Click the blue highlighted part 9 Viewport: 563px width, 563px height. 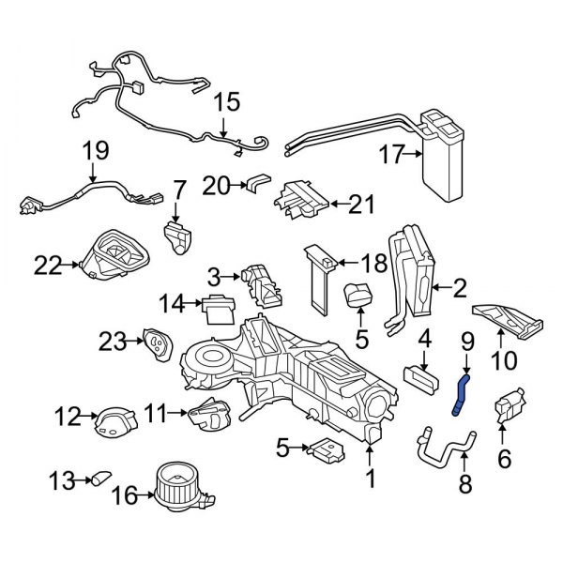coord(460,391)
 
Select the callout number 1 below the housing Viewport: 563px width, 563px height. coord(370,479)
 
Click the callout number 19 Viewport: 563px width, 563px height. coord(96,150)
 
